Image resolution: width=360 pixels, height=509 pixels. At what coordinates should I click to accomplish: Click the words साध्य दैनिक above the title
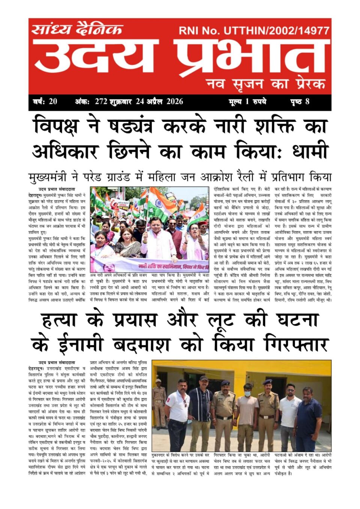[77, 29]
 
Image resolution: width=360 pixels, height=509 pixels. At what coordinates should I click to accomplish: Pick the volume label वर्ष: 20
[45, 101]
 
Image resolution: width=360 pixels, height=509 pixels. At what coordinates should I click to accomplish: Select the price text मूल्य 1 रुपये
[247, 101]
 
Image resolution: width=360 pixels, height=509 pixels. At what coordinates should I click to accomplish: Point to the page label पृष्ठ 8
[300, 101]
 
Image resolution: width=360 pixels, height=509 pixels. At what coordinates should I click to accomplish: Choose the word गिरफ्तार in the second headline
[296, 344]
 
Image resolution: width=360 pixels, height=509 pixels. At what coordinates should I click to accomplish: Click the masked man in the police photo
[247, 416]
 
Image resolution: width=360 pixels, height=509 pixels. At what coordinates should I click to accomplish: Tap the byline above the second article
[57, 363]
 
